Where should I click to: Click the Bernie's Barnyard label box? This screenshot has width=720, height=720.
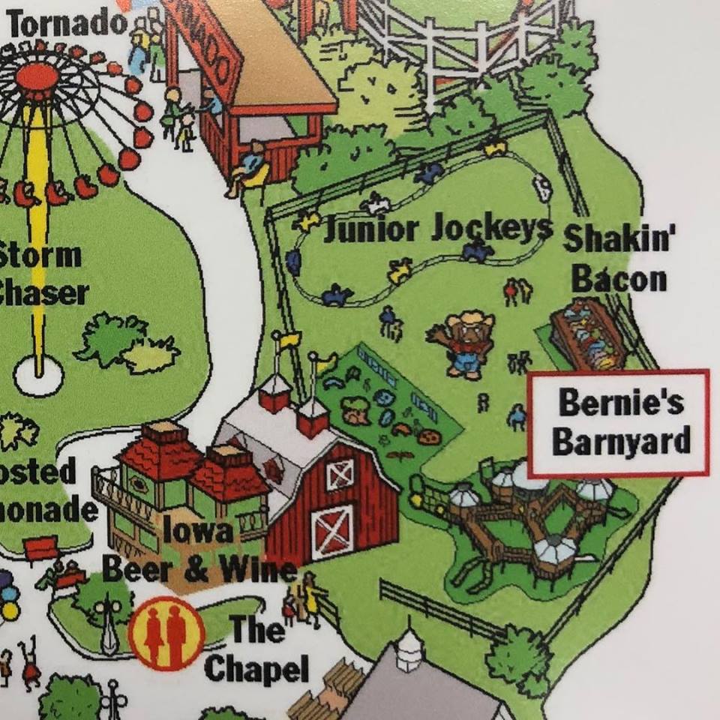point(619,423)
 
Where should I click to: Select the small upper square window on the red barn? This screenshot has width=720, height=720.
point(340,475)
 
